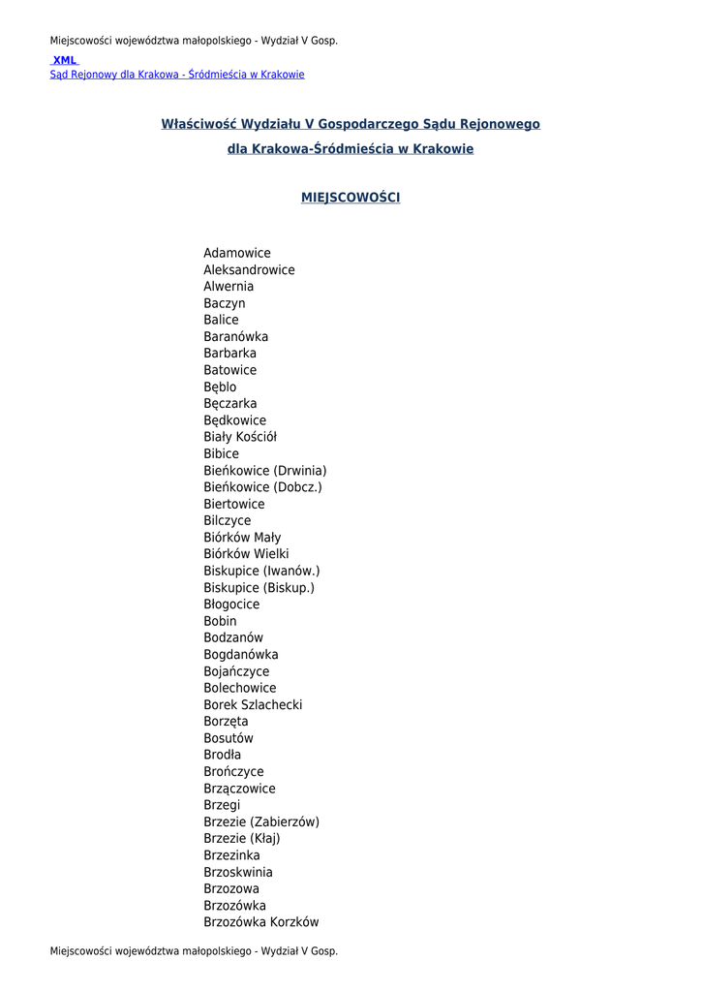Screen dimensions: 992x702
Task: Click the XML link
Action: [65, 60]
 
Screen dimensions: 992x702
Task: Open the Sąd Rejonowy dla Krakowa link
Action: [177, 75]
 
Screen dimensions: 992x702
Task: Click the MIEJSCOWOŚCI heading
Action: [351, 198]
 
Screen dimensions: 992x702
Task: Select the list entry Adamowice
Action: [237, 254]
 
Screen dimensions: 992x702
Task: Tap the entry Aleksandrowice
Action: [249, 270]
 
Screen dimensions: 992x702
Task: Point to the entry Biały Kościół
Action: [240, 437]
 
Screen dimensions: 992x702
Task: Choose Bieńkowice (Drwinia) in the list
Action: [265, 471]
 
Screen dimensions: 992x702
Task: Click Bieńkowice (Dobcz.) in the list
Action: [262, 487]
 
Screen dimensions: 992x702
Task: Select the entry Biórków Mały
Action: [242, 538]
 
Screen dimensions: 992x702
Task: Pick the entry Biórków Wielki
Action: [246, 554]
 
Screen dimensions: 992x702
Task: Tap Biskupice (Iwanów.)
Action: [261, 572]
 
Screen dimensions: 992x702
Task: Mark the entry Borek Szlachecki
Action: [253, 705]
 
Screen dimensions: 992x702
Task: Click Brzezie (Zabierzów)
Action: [261, 822]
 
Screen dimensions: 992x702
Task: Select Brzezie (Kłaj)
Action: [242, 839]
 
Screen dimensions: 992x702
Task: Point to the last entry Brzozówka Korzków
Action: [261, 922]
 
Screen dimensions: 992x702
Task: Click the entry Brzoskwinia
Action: [238, 872]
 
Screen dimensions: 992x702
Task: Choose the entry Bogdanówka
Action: [241, 655]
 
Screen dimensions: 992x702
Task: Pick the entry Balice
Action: [221, 321]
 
